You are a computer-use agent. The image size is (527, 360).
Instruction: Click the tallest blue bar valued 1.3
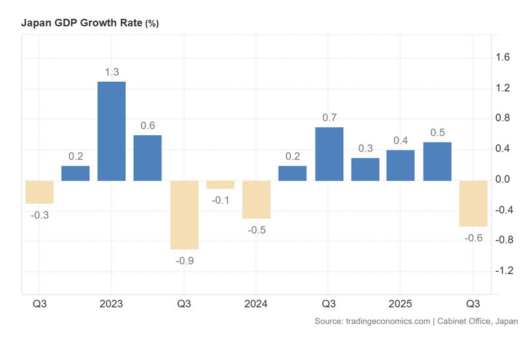pyautogui.click(x=111, y=131)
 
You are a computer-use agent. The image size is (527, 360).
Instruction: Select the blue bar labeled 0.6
pyautogui.click(x=148, y=158)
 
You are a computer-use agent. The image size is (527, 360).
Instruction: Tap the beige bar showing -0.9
pyautogui.click(x=184, y=215)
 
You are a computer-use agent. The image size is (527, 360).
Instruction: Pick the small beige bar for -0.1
pyautogui.click(x=220, y=185)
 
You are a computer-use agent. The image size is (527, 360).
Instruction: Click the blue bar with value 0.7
pyautogui.click(x=329, y=154)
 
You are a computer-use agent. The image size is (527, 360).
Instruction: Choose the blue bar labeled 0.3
pyautogui.click(x=365, y=169)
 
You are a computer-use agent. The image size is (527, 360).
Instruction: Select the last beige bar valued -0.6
pyautogui.click(x=473, y=203)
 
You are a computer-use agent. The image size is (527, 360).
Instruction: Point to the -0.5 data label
pyautogui.click(x=256, y=230)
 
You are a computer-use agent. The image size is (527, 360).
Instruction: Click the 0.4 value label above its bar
pyautogui.click(x=401, y=140)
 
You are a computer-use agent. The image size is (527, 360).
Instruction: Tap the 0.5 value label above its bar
pyautogui.click(x=437, y=133)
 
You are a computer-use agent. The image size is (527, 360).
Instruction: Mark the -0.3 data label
pyautogui.click(x=40, y=215)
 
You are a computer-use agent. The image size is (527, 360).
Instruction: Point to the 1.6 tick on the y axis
pyautogui.click(x=503, y=58)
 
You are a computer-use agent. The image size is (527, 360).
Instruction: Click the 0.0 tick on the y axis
pyautogui.click(x=503, y=180)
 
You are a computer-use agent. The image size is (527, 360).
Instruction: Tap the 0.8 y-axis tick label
pyautogui.click(x=503, y=119)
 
